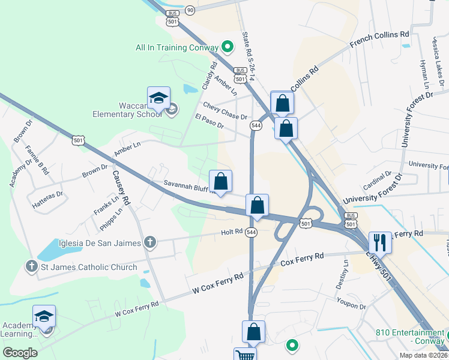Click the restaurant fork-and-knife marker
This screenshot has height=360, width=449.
[380, 242]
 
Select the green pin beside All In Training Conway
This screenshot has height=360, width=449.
[228, 46]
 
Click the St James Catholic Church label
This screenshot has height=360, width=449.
[88, 267]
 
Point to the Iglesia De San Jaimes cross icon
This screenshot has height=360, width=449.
[149, 242]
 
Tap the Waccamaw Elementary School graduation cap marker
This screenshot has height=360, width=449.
[159, 98]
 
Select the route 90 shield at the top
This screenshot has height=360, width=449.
[190, 10]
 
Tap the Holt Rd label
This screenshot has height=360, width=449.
[231, 231]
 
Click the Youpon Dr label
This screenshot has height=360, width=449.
[351, 302]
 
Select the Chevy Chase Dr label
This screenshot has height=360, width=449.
[225, 111]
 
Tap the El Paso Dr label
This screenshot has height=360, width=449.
[209, 121]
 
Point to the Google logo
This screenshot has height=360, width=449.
[20, 353]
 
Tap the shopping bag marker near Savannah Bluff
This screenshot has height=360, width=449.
[221, 181]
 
